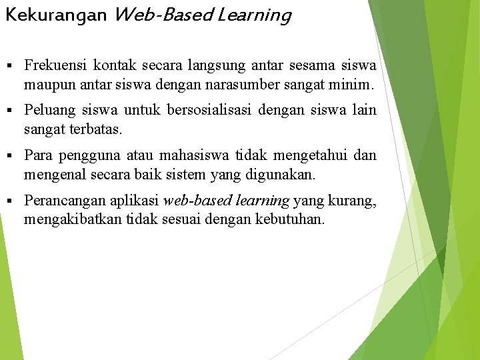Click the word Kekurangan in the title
[56, 15]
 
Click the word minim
[356, 85]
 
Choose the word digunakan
[291, 175]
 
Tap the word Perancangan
[62, 201]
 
